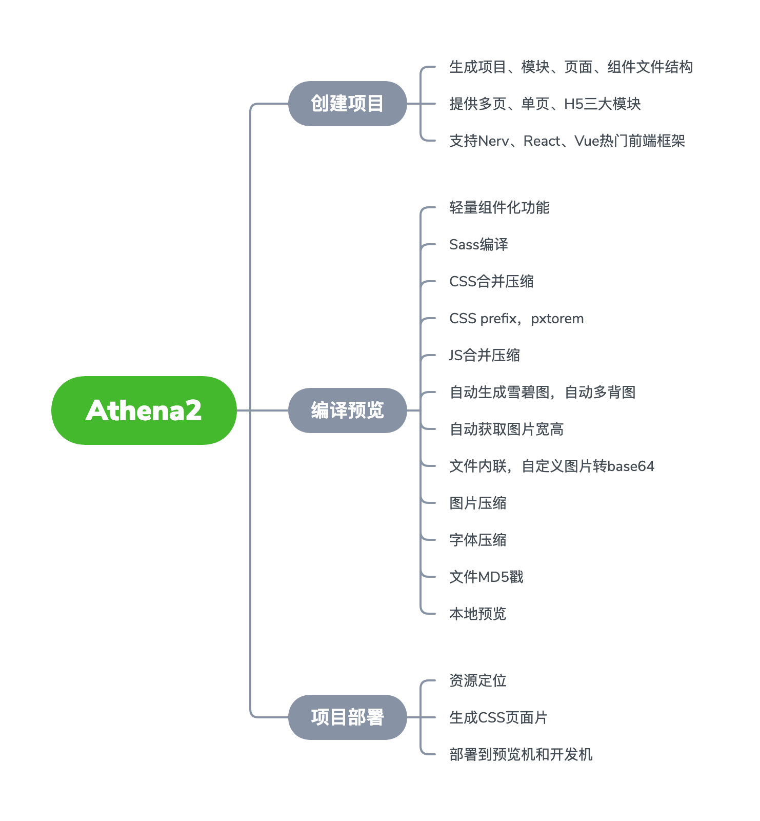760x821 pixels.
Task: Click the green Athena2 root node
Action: pyautogui.click(x=144, y=411)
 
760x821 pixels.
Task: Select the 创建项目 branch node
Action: pyautogui.click(x=347, y=104)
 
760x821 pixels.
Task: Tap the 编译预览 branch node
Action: pyautogui.click(x=347, y=411)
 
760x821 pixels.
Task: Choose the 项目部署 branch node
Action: pyautogui.click(x=347, y=717)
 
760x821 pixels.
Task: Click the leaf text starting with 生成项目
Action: pyautogui.click(x=570, y=67)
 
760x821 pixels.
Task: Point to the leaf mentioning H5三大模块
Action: pyautogui.click(x=545, y=104)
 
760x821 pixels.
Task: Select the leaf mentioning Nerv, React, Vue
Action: pyautogui.click(x=567, y=141)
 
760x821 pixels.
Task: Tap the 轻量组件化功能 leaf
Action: pyautogui.click(x=499, y=207)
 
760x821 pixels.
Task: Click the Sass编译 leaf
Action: pyautogui.click(x=478, y=244)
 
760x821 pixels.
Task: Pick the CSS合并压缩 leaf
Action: pyautogui.click(x=491, y=281)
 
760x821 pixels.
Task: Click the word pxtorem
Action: pyautogui.click(x=557, y=319)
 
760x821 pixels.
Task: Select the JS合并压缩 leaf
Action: pyautogui.click(x=485, y=355)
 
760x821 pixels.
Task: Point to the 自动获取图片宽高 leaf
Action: pyautogui.click(x=506, y=429)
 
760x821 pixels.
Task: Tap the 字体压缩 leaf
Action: pyautogui.click(x=477, y=540)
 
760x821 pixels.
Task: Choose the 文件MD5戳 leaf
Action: pyautogui.click(x=486, y=577)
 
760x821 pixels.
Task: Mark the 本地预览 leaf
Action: pyautogui.click(x=477, y=614)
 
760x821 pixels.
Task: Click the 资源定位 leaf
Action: pyautogui.click(x=477, y=680)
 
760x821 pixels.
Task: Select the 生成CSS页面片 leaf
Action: pyautogui.click(x=498, y=717)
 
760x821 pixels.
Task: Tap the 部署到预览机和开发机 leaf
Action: pyautogui.click(x=521, y=754)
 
